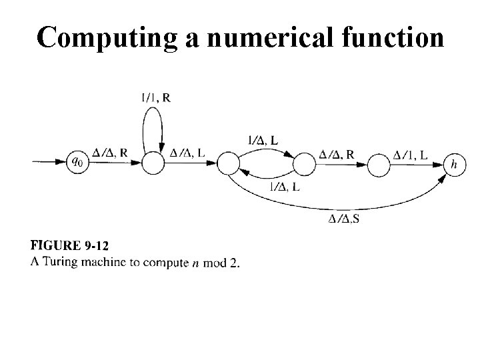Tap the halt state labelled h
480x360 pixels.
455,163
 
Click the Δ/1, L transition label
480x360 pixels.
411,155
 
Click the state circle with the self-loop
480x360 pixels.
154,162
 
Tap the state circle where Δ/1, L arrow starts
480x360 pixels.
379,163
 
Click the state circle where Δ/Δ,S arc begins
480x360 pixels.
228,163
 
